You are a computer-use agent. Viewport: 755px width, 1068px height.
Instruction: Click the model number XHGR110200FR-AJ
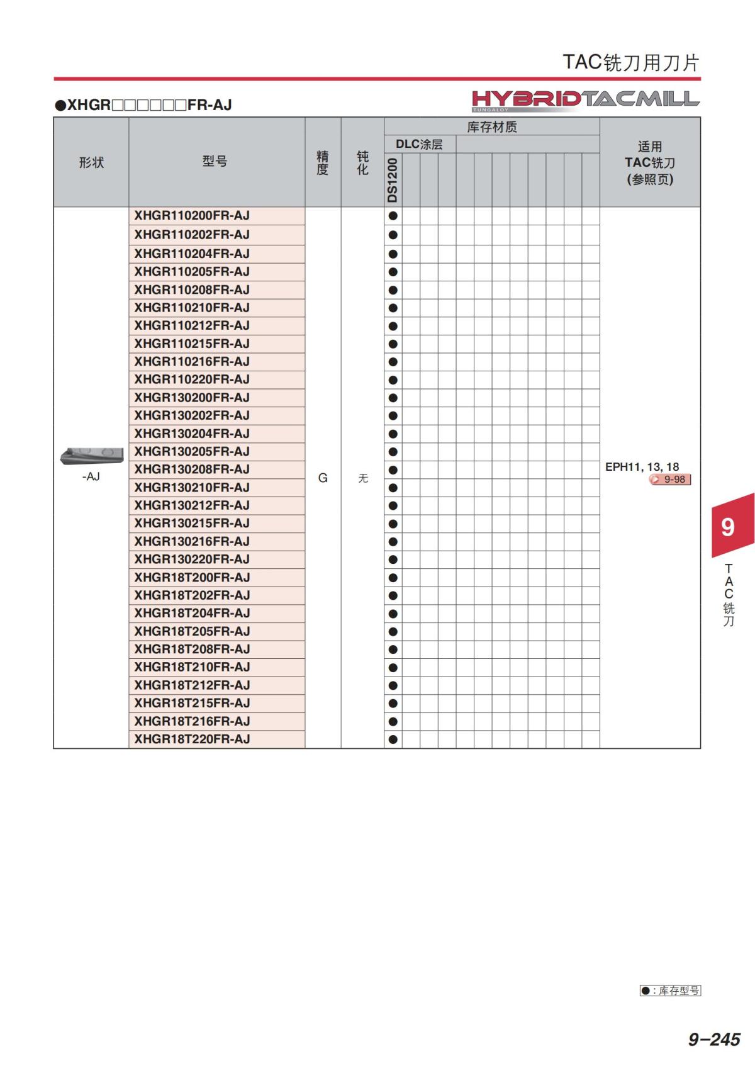(x=192, y=216)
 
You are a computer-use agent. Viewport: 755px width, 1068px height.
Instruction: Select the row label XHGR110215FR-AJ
(x=192, y=344)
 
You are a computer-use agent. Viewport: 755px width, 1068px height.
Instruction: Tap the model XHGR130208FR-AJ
(x=192, y=469)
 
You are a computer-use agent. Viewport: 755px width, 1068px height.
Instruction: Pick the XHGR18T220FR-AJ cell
(x=192, y=739)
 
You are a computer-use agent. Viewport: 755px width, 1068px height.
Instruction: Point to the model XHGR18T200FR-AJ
(x=192, y=577)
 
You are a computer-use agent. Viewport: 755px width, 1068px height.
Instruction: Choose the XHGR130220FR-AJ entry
(x=192, y=559)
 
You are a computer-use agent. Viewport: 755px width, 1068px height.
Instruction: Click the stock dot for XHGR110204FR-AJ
(x=393, y=254)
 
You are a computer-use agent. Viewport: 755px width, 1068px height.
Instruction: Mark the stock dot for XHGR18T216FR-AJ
(x=393, y=721)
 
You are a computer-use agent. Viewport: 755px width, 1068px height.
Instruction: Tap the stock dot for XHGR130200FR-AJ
(x=393, y=398)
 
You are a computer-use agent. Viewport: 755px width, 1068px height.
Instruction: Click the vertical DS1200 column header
(x=393, y=180)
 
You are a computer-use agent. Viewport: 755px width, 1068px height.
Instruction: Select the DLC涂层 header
(x=419, y=144)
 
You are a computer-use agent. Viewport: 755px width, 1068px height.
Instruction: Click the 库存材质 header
(x=491, y=126)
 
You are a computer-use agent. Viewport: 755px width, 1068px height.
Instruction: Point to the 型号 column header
(x=215, y=162)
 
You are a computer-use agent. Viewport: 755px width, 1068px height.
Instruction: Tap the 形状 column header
(x=91, y=162)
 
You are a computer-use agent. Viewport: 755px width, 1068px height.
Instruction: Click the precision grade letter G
(x=323, y=478)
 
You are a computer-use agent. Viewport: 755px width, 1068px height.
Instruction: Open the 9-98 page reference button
(x=670, y=480)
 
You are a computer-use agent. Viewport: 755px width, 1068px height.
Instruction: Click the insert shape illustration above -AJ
(x=91, y=456)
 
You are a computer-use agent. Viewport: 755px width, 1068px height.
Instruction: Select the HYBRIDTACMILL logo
(x=585, y=99)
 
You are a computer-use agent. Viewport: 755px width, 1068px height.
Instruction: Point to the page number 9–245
(x=714, y=1039)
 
